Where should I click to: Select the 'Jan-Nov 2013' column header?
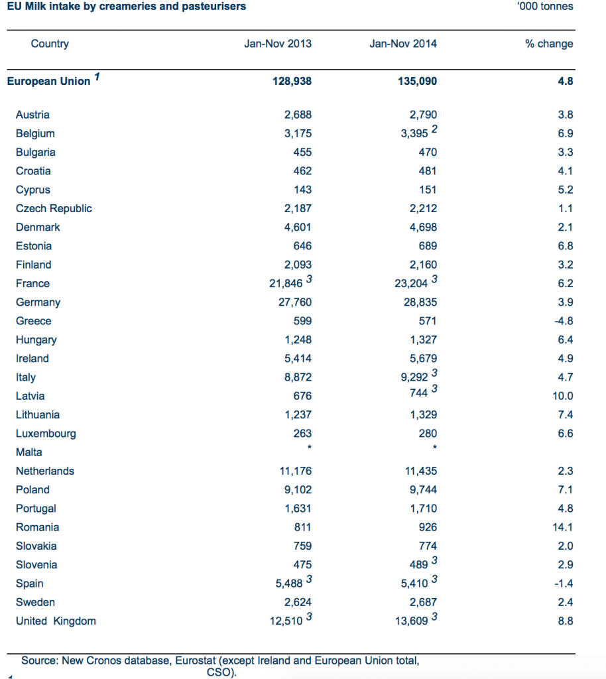click(x=278, y=44)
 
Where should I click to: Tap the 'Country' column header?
click(x=50, y=44)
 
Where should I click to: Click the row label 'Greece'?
click(x=33, y=321)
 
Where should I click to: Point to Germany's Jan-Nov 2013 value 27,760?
click(x=292, y=302)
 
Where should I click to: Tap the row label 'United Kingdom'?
click(x=56, y=621)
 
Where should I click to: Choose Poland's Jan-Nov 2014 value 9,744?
click(x=420, y=490)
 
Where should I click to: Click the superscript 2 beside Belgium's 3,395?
click(x=434, y=129)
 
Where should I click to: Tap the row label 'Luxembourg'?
click(x=46, y=434)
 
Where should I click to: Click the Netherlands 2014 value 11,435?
click(x=420, y=471)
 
